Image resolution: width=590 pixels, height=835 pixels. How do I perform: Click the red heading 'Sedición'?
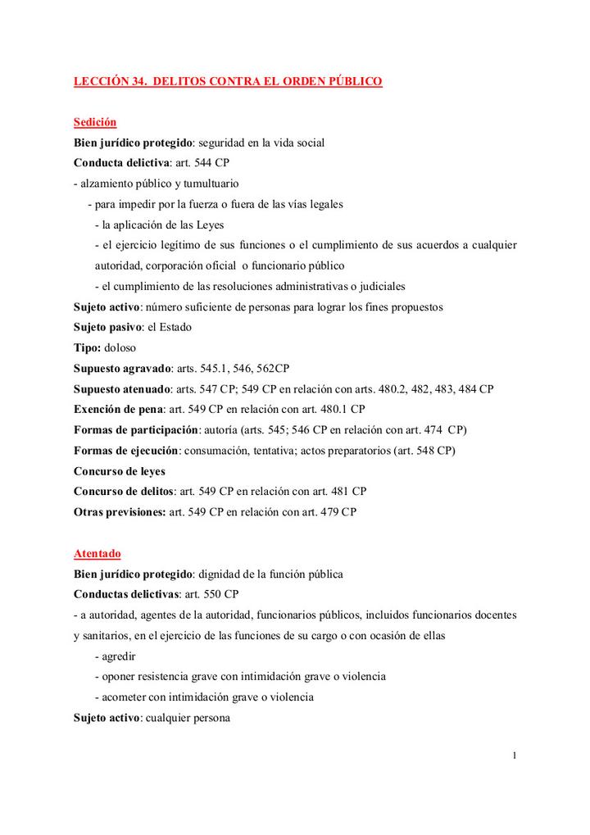(95, 122)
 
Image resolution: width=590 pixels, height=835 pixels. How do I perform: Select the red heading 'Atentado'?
(97, 554)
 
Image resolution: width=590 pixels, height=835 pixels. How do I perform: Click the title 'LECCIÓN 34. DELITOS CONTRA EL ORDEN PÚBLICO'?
(228, 82)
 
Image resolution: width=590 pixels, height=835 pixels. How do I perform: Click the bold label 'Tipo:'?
(87, 347)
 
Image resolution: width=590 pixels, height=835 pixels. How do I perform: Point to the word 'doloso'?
(120, 347)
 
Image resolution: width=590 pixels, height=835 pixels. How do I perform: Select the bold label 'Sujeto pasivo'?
(107, 327)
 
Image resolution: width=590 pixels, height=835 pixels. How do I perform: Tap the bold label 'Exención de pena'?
(118, 409)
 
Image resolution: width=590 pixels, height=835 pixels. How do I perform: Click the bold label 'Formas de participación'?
(136, 429)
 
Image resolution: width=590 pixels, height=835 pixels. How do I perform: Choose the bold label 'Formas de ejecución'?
(126, 450)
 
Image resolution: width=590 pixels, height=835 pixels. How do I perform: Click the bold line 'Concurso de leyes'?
(120, 471)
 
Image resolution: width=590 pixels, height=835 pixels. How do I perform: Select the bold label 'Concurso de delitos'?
(123, 492)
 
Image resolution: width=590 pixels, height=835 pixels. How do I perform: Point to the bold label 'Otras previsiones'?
(119, 512)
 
